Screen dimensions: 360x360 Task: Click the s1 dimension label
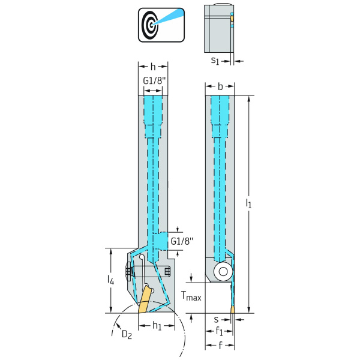pyautogui.click(x=215, y=61)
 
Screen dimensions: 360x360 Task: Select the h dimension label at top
pyautogui.click(x=153, y=67)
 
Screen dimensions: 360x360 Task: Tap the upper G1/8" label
pyautogui.click(x=154, y=80)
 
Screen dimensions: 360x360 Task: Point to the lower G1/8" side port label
pyautogui.click(x=182, y=241)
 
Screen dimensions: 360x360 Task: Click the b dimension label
pyautogui.click(x=220, y=86)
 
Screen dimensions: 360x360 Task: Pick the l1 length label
pyautogui.click(x=248, y=203)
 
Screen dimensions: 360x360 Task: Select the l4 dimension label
pyautogui.click(x=110, y=280)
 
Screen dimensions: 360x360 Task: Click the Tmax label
pyautogui.click(x=191, y=296)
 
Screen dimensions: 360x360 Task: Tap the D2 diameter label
pyautogui.click(x=127, y=335)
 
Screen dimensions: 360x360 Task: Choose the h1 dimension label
pyautogui.click(x=157, y=326)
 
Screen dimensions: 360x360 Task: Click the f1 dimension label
pyautogui.click(x=219, y=331)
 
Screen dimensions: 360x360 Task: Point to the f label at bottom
pyautogui.click(x=220, y=345)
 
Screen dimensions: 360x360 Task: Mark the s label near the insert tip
pyautogui.click(x=216, y=319)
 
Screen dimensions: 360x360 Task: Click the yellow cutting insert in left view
pyautogui.click(x=144, y=299)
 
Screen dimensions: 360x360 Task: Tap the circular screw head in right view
pyautogui.click(x=223, y=272)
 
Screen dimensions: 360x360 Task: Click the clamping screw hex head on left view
pyautogui.click(x=128, y=272)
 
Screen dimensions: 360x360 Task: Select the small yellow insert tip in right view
pyautogui.click(x=233, y=310)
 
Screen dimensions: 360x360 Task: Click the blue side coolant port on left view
pyautogui.click(x=161, y=241)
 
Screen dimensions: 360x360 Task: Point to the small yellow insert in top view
pyautogui.click(x=232, y=18)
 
